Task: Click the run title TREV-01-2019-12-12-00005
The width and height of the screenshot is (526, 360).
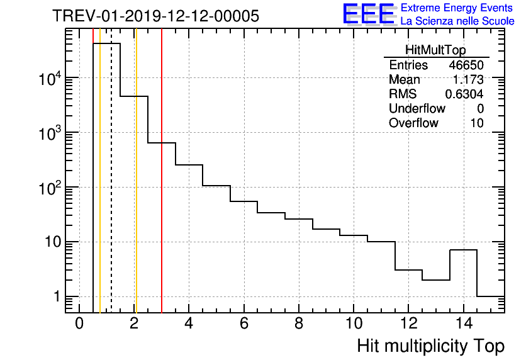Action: (x=155, y=16)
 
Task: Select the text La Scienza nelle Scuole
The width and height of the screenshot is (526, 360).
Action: (x=457, y=21)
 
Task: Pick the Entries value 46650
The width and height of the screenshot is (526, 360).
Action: (x=466, y=65)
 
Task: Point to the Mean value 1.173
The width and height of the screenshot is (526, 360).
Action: (x=469, y=80)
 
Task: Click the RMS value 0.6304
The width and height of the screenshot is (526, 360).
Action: (x=464, y=94)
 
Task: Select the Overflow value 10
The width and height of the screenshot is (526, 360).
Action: (x=477, y=123)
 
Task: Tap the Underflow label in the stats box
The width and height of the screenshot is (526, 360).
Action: (x=417, y=109)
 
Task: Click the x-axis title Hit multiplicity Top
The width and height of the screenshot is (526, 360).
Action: (x=431, y=346)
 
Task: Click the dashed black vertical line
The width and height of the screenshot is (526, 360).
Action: (x=111, y=189)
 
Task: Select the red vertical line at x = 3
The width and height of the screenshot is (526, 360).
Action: (x=162, y=220)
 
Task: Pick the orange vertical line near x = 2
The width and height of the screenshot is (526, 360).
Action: (x=136, y=189)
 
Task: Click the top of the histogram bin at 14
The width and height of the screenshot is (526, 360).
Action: (x=464, y=250)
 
